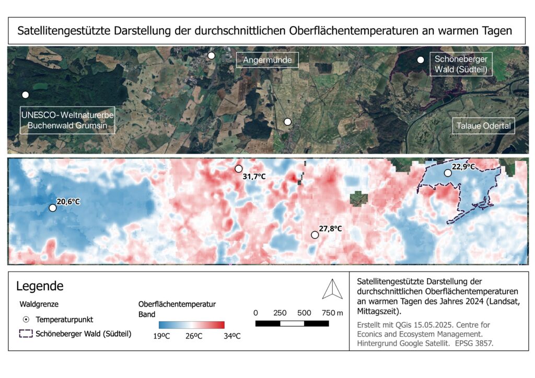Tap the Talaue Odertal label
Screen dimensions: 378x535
pyautogui.click(x=483, y=125)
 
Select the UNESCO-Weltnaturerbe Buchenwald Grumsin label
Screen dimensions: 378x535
pyautogui.click(x=67, y=121)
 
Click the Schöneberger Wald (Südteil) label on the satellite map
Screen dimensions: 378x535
pyautogui.click(x=461, y=64)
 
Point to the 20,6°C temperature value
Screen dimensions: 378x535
pyautogui.click(x=68, y=202)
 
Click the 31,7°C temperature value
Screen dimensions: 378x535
pyautogui.click(x=254, y=177)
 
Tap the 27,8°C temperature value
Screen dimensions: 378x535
pyautogui.click(x=330, y=228)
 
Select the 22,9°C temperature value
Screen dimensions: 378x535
pyautogui.click(x=463, y=167)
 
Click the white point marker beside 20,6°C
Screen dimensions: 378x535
pyautogui.click(x=52, y=208)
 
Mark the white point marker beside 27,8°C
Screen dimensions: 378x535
pyautogui.click(x=315, y=235)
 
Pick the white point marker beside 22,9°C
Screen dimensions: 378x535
pyautogui.click(x=448, y=173)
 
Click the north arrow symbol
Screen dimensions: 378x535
pyautogui.click(x=332, y=289)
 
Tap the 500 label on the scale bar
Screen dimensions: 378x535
pyautogui.click(x=304, y=313)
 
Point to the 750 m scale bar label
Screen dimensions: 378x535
pyautogui.click(x=332, y=313)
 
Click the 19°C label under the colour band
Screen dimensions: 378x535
pyautogui.click(x=162, y=336)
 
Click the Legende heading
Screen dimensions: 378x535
pyautogui.click(x=40, y=286)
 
